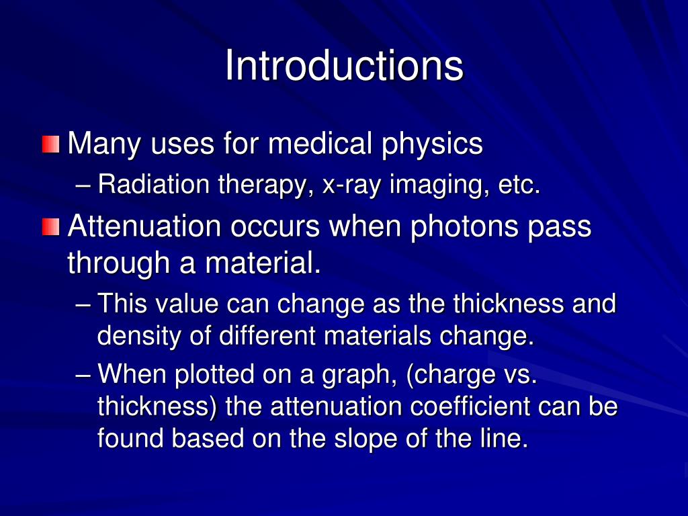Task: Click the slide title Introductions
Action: [x=343, y=66]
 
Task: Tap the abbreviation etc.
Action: [x=519, y=185]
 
